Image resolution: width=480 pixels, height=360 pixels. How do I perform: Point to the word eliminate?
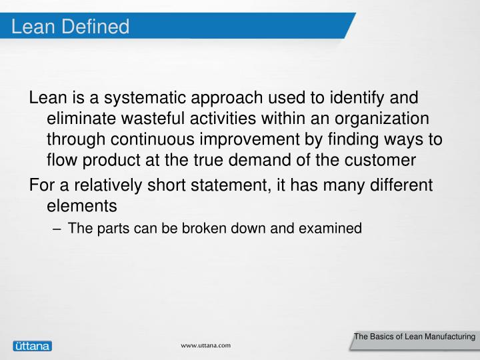(x=80, y=119)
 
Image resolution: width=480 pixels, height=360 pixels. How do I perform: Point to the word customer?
(x=380, y=160)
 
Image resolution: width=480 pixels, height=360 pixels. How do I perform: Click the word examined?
(x=331, y=229)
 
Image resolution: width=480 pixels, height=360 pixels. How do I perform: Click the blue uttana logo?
(x=31, y=345)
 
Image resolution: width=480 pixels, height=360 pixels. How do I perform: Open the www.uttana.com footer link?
(x=207, y=345)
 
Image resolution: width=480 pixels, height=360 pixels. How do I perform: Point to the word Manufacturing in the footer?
(x=446, y=337)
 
